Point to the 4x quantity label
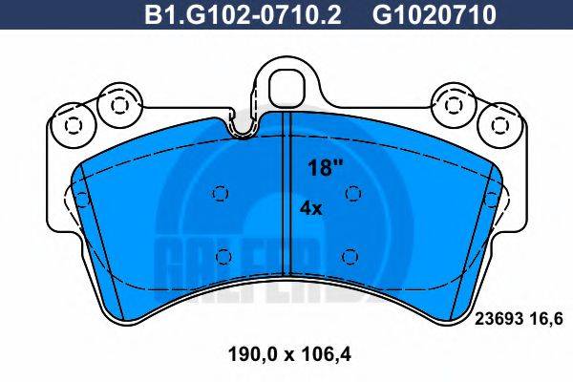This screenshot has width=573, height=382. (311, 207)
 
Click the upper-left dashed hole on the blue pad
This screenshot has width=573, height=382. (220, 195)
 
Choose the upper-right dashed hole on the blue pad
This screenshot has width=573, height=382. (352, 195)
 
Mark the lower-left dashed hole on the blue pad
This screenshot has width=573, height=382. (224, 255)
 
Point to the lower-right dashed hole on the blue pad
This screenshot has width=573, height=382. (349, 255)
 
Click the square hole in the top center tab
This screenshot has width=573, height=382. (286, 85)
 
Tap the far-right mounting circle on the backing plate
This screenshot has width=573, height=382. (499, 124)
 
